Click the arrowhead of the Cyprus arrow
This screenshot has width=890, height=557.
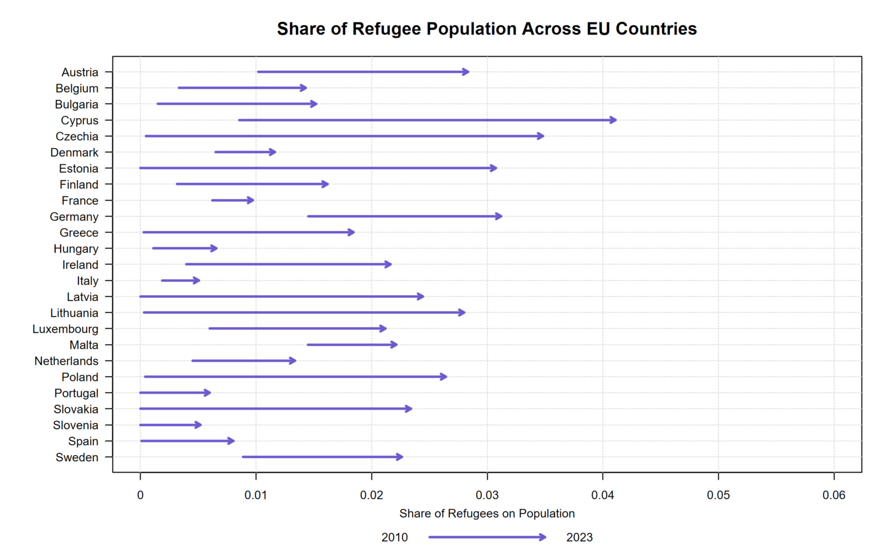pyautogui.click(x=614, y=120)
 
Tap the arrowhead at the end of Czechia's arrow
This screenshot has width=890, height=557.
pyautogui.click(x=542, y=136)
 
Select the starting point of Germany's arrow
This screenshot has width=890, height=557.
pyautogui.click(x=308, y=217)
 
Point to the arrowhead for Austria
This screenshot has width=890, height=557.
pyautogui.click(x=467, y=72)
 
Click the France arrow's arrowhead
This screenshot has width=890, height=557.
pyautogui.click(x=251, y=201)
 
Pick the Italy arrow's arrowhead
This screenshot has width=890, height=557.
pyautogui.click(x=197, y=281)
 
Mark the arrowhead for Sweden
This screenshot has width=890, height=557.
pyautogui.click(x=400, y=457)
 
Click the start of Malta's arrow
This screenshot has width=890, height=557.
pyautogui.click(x=307, y=345)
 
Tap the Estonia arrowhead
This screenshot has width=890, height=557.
pyautogui.click(x=495, y=168)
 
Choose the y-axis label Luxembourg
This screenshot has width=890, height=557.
pyautogui.click(x=65, y=329)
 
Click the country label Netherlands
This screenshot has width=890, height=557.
pyautogui.click(x=66, y=361)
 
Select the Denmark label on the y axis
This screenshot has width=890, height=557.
pyautogui.click(x=74, y=153)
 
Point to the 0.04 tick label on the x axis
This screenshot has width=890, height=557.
pyautogui.click(x=602, y=495)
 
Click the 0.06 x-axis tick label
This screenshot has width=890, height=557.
pyautogui.click(x=834, y=495)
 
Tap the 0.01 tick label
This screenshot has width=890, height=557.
pyautogui.click(x=256, y=495)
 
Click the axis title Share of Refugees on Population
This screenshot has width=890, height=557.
pyautogui.click(x=487, y=514)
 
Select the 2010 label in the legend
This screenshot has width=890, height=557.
pyautogui.click(x=394, y=538)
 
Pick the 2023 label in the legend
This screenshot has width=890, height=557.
pyautogui.click(x=580, y=538)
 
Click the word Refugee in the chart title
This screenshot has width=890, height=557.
pyautogui.click(x=387, y=29)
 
